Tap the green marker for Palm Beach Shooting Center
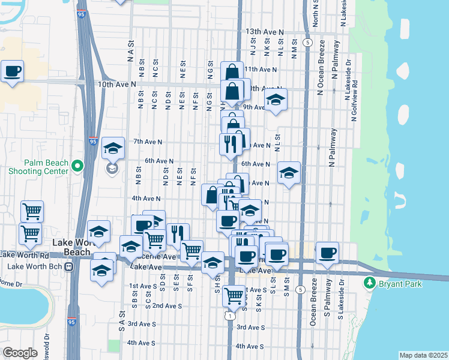pos(77,166)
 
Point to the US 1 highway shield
pos(229,315)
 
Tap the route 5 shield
pos(307,43)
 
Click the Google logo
pos(20,353)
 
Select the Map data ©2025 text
pos(423,355)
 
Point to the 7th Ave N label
pos(148,142)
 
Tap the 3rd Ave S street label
pos(251,327)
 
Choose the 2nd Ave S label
pos(167,305)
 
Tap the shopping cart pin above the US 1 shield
pos(233,295)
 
